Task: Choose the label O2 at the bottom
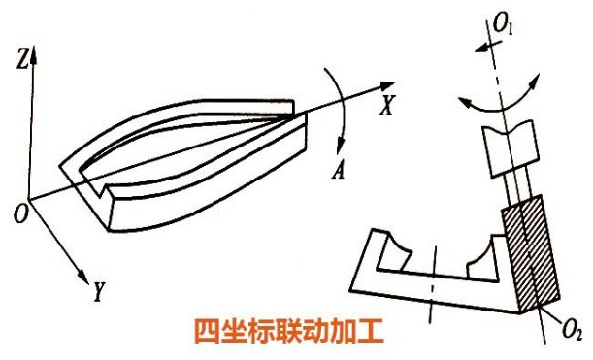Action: pos(572,333)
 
